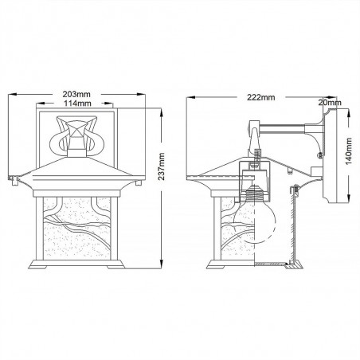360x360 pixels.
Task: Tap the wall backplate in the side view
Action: coord(327,159)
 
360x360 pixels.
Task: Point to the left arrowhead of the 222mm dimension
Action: coord(188,98)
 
